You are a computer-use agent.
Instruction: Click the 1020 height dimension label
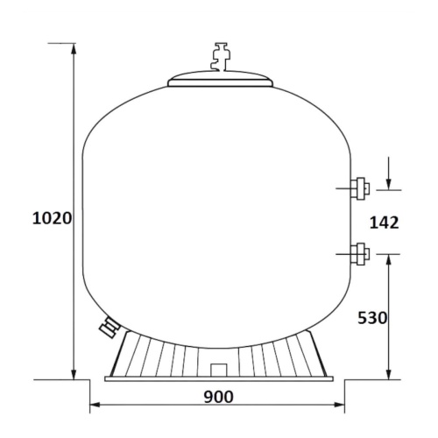click(52, 218)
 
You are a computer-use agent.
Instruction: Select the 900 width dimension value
click(219, 397)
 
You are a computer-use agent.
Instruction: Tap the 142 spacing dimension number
click(384, 223)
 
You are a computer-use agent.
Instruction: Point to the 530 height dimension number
click(372, 318)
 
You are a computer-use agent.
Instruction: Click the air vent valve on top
click(221, 57)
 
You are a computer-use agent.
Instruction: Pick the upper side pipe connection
click(360, 188)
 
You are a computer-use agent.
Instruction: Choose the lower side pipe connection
click(360, 254)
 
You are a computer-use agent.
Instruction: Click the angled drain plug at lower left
click(109, 328)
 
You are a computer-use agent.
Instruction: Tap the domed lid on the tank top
click(221, 78)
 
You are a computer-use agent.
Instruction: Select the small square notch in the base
click(219, 370)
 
